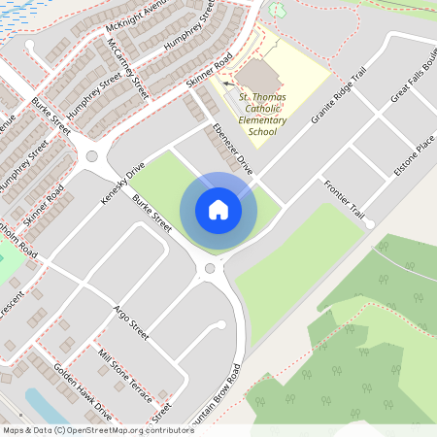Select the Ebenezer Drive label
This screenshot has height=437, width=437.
(233, 150)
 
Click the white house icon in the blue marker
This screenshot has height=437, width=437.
(218, 210)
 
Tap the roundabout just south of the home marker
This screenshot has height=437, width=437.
(210, 269)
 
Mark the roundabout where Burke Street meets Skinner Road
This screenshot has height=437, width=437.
(93, 155)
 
